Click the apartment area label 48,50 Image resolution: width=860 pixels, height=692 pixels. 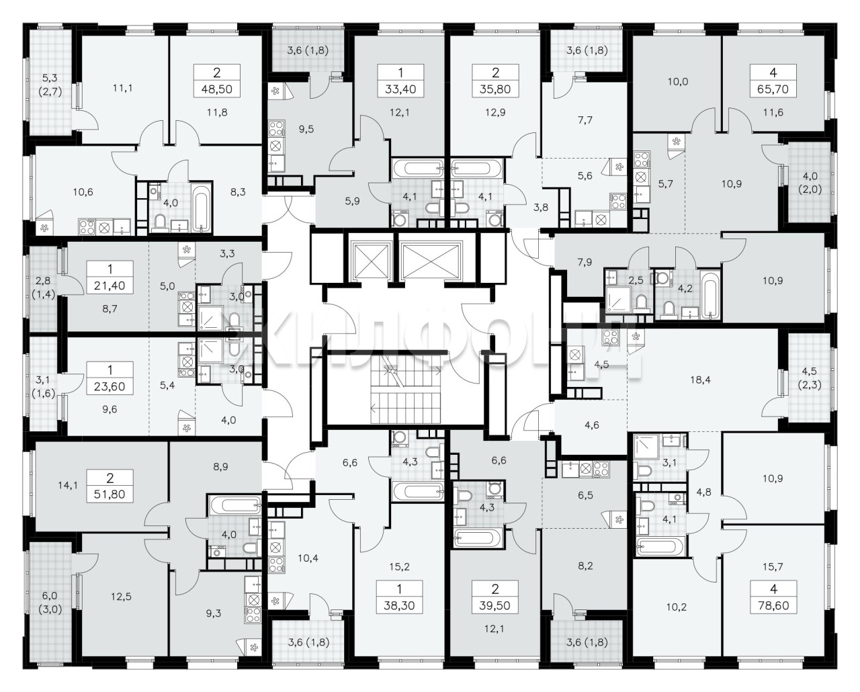pos(217,89)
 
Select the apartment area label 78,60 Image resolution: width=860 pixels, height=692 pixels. pos(773,605)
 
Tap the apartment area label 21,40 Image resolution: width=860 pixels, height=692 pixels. pos(110,286)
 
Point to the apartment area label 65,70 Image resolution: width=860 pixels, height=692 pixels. pos(773,89)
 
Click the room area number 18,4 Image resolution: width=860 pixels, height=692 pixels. pos(700,380)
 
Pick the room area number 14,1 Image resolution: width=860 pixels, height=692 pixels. pos(68,486)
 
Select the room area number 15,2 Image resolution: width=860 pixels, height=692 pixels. pos(400,567)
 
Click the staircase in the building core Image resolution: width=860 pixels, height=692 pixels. pos(405,394)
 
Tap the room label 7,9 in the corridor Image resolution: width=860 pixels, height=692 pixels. pos(585,262)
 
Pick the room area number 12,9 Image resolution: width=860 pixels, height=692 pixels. pos(496,113)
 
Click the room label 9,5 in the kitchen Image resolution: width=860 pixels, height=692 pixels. pos(306,129)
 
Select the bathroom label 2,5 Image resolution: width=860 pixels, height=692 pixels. pos(636,280)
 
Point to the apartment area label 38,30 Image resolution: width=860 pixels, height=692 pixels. pos(400,605)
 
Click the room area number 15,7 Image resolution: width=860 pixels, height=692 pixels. pos(773,567)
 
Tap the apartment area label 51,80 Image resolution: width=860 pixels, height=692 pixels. pos(110,494)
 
